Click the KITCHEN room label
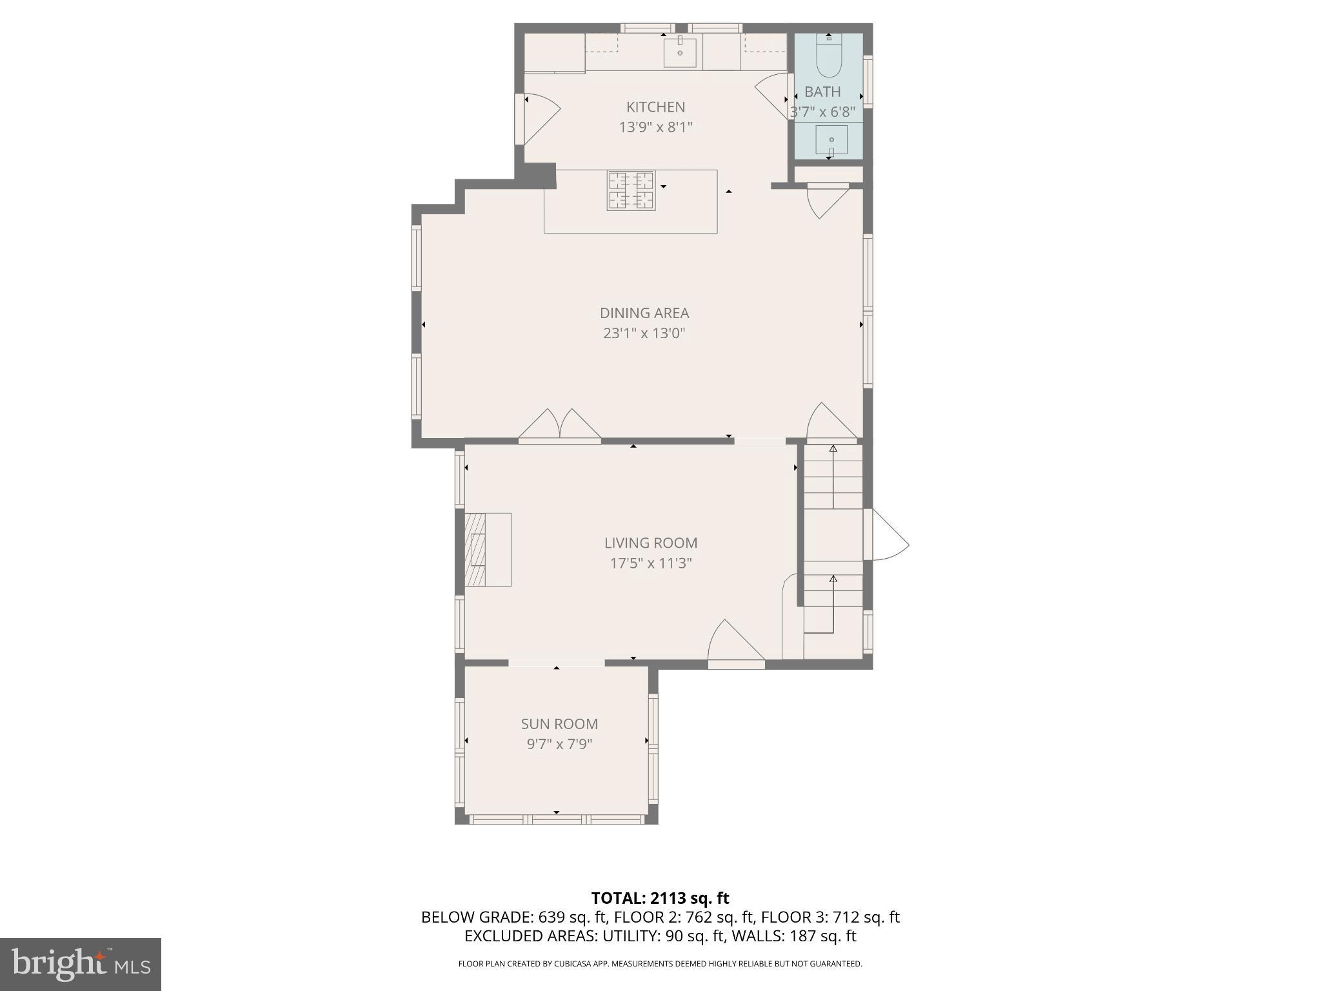tap(655, 107)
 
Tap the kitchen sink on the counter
tap(680, 52)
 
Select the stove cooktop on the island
tap(631, 190)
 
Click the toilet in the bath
tap(829, 57)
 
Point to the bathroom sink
tap(831, 140)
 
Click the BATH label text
tap(822, 92)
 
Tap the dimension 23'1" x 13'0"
tap(644, 334)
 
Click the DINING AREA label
tap(644, 313)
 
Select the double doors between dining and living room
tap(560, 428)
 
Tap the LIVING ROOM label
tap(650, 543)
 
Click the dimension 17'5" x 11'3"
tap(650, 563)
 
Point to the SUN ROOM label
tap(559, 724)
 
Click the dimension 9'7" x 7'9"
tap(559, 744)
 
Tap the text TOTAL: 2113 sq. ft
tap(660, 898)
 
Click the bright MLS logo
tap(81, 964)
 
